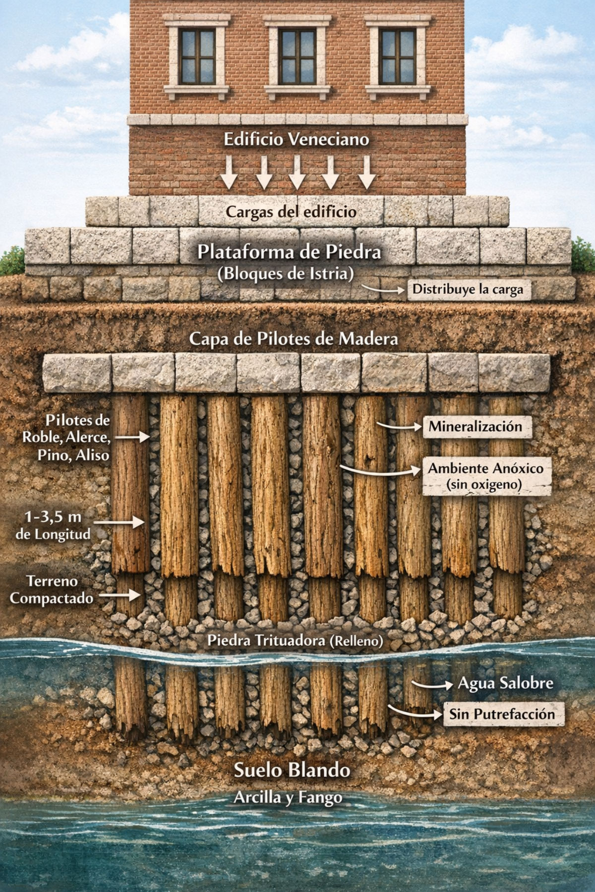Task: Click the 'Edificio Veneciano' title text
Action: pyautogui.click(x=297, y=140)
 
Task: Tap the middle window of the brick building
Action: pyautogui.click(x=297, y=56)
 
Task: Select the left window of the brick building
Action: pyautogui.click(x=196, y=56)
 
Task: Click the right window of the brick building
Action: pyautogui.click(x=397, y=56)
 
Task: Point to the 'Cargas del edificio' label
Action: pyautogui.click(x=291, y=212)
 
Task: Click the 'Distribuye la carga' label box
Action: pyautogui.click(x=468, y=289)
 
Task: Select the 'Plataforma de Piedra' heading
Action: pyautogui.click(x=289, y=252)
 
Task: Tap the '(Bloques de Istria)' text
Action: pyautogui.click(x=286, y=274)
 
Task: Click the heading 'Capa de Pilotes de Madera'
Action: pyautogui.click(x=294, y=339)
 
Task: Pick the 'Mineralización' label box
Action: pyautogui.click(x=475, y=427)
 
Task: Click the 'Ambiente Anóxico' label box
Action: pyautogui.click(x=486, y=476)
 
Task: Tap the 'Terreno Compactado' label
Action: pyautogui.click(x=52, y=590)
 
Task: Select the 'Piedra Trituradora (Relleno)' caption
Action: pyautogui.click(x=295, y=640)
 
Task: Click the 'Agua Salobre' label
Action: pyautogui.click(x=505, y=684)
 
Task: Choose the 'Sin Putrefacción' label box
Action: pyautogui.click(x=501, y=714)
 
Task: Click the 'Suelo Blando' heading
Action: pyautogui.click(x=292, y=771)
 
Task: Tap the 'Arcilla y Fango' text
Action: pyautogui.click(x=288, y=797)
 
